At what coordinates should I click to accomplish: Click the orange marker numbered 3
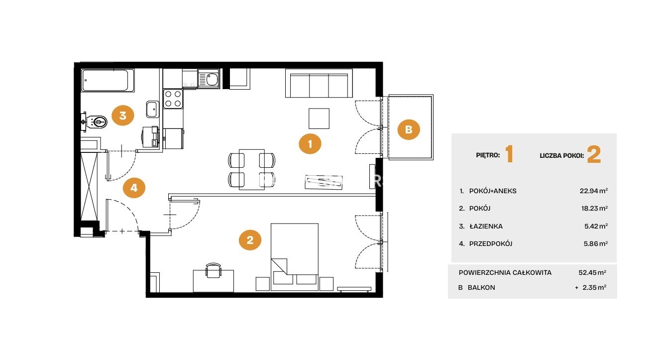(123, 116)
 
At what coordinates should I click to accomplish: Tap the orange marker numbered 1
(310, 144)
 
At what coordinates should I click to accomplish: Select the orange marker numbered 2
(250, 240)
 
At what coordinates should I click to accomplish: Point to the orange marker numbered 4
(134, 188)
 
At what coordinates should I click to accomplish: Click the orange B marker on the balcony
(409, 129)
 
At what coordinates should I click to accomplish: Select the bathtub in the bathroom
(108, 80)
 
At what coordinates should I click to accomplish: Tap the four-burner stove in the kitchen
(173, 99)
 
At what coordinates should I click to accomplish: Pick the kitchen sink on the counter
(209, 79)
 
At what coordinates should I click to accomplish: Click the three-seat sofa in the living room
(319, 83)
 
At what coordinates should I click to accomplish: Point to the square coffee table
(319, 119)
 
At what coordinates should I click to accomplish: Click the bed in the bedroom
(295, 257)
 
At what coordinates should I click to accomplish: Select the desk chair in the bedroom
(214, 270)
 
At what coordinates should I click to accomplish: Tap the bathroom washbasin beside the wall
(153, 109)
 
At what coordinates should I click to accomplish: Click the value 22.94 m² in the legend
(593, 191)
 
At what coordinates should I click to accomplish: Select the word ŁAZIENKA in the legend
(486, 226)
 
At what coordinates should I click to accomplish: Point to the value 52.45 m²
(592, 272)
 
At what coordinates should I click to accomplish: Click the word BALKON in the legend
(481, 287)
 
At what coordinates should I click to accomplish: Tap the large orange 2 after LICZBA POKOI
(594, 155)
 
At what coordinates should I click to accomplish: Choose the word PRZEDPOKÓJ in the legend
(491, 244)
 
